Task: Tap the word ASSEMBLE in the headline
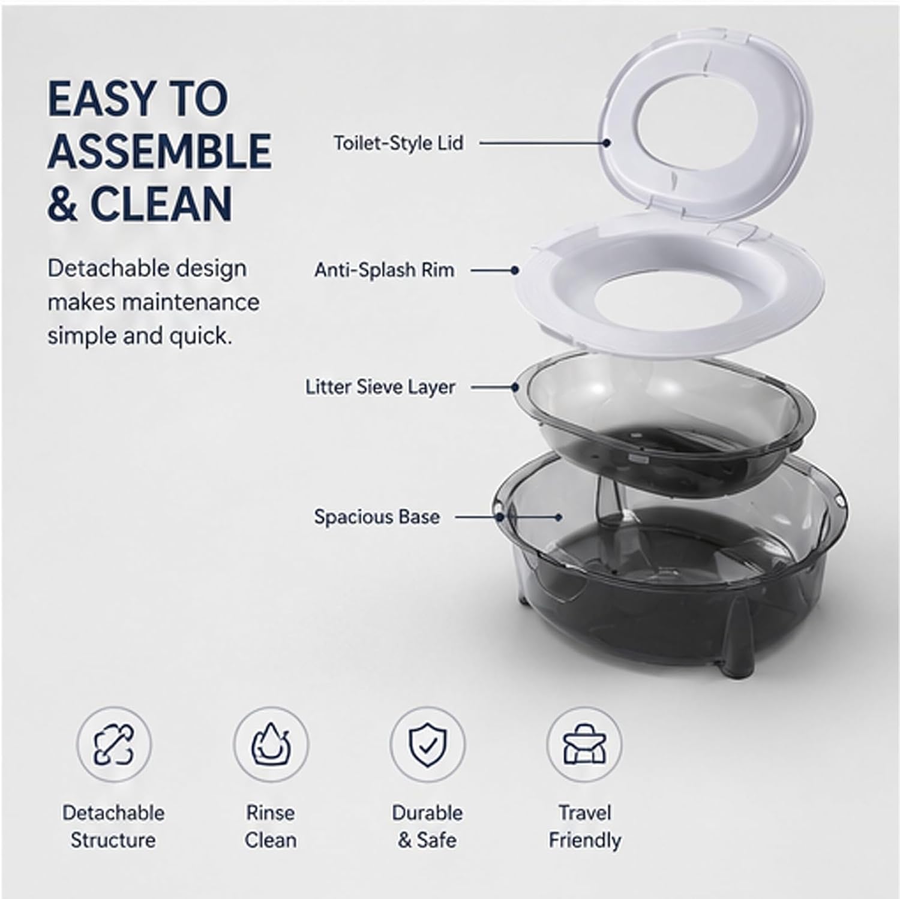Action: [160, 151]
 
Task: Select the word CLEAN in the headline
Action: [161, 203]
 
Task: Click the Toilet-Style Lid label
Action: [398, 143]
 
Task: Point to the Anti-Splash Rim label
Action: [384, 270]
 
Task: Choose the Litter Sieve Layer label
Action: [380, 387]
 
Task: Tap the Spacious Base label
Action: [377, 517]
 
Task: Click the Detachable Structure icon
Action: [114, 744]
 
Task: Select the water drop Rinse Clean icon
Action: [271, 744]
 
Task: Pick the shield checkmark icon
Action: [427, 744]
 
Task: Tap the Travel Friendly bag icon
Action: [584, 744]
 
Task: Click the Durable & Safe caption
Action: [427, 826]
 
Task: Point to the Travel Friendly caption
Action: [584, 826]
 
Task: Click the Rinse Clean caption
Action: [271, 826]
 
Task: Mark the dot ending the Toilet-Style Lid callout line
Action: [607, 143]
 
